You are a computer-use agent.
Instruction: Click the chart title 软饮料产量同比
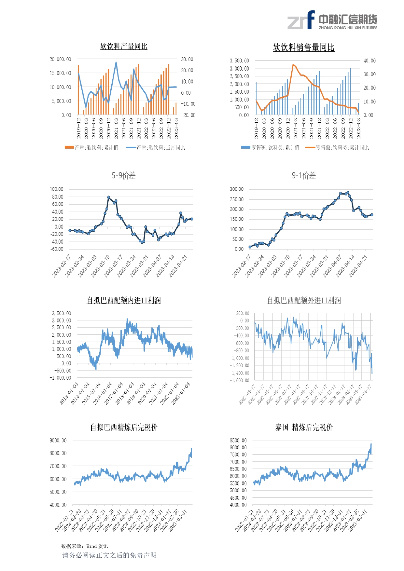pos(124,47)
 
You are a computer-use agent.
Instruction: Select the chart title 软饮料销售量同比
pos(303,48)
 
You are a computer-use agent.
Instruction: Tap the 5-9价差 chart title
pos(124,176)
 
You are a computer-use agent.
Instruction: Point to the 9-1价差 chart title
pos(303,176)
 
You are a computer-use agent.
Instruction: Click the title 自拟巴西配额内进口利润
pos(124,300)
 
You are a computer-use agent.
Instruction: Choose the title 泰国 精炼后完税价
pos(303,428)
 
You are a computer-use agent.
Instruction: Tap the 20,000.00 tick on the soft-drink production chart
pos(60,59)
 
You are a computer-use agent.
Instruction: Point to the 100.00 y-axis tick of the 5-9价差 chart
pos(57,189)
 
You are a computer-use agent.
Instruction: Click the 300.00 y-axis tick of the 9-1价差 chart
pos(237,189)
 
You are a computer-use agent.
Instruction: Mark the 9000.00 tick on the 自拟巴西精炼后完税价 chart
pos(58,440)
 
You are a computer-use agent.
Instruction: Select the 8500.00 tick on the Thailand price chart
pos(238,440)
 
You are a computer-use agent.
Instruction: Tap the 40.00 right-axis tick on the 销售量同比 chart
pos(369,61)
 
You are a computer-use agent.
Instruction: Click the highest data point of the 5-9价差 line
pos(109,197)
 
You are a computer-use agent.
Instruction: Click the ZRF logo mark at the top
pos(301,20)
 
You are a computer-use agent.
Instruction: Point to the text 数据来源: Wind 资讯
pos(85,546)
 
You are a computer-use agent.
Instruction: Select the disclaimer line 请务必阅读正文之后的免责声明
pos(109,555)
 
